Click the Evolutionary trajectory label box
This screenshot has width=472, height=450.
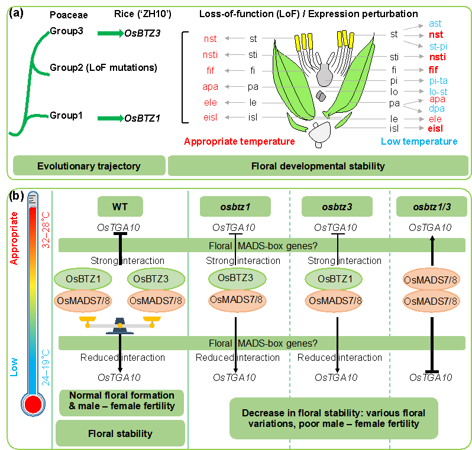point(89,166)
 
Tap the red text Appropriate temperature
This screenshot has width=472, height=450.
point(239,142)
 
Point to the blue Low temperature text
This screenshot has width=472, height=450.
point(419,142)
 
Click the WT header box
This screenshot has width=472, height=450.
point(121,207)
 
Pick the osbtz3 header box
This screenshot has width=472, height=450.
point(337,207)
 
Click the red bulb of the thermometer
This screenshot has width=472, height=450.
point(33,405)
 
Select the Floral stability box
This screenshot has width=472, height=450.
point(120,433)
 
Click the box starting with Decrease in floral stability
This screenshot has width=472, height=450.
point(334,418)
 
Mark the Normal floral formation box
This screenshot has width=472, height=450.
point(122,401)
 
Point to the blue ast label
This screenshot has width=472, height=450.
point(435,24)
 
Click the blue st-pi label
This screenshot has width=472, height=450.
point(438,46)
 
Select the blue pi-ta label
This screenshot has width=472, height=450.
point(438,80)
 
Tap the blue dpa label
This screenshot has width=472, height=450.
point(437,109)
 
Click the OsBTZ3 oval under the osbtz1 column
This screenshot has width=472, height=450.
point(237,278)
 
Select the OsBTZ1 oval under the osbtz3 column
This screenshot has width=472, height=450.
point(336,279)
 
